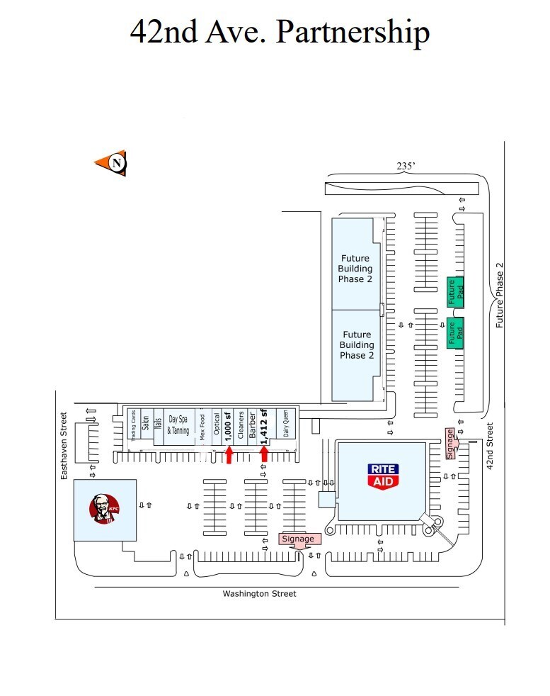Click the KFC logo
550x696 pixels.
pos(104,510)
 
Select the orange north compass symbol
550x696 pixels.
pos(112,164)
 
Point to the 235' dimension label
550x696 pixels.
pos(406,166)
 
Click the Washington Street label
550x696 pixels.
pos(259,594)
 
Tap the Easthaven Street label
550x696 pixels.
pos(64,446)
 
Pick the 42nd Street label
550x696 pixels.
pos(489,447)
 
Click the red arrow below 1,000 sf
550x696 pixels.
pos(229,454)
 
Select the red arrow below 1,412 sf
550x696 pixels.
pos(264,454)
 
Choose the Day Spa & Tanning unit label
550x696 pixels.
pos(178,425)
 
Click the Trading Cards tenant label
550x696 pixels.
pos(134,425)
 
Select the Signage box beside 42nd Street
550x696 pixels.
pos(450,444)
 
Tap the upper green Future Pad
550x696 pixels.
pos(454,291)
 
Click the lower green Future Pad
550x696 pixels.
pos(454,332)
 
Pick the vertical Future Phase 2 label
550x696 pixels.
pos(500,295)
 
